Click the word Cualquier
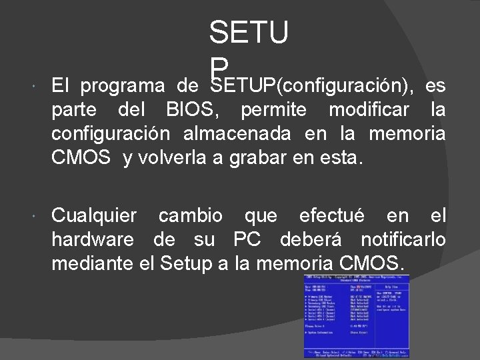[x=95, y=215]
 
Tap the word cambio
[x=195, y=215]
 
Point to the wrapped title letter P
[x=219, y=65]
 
